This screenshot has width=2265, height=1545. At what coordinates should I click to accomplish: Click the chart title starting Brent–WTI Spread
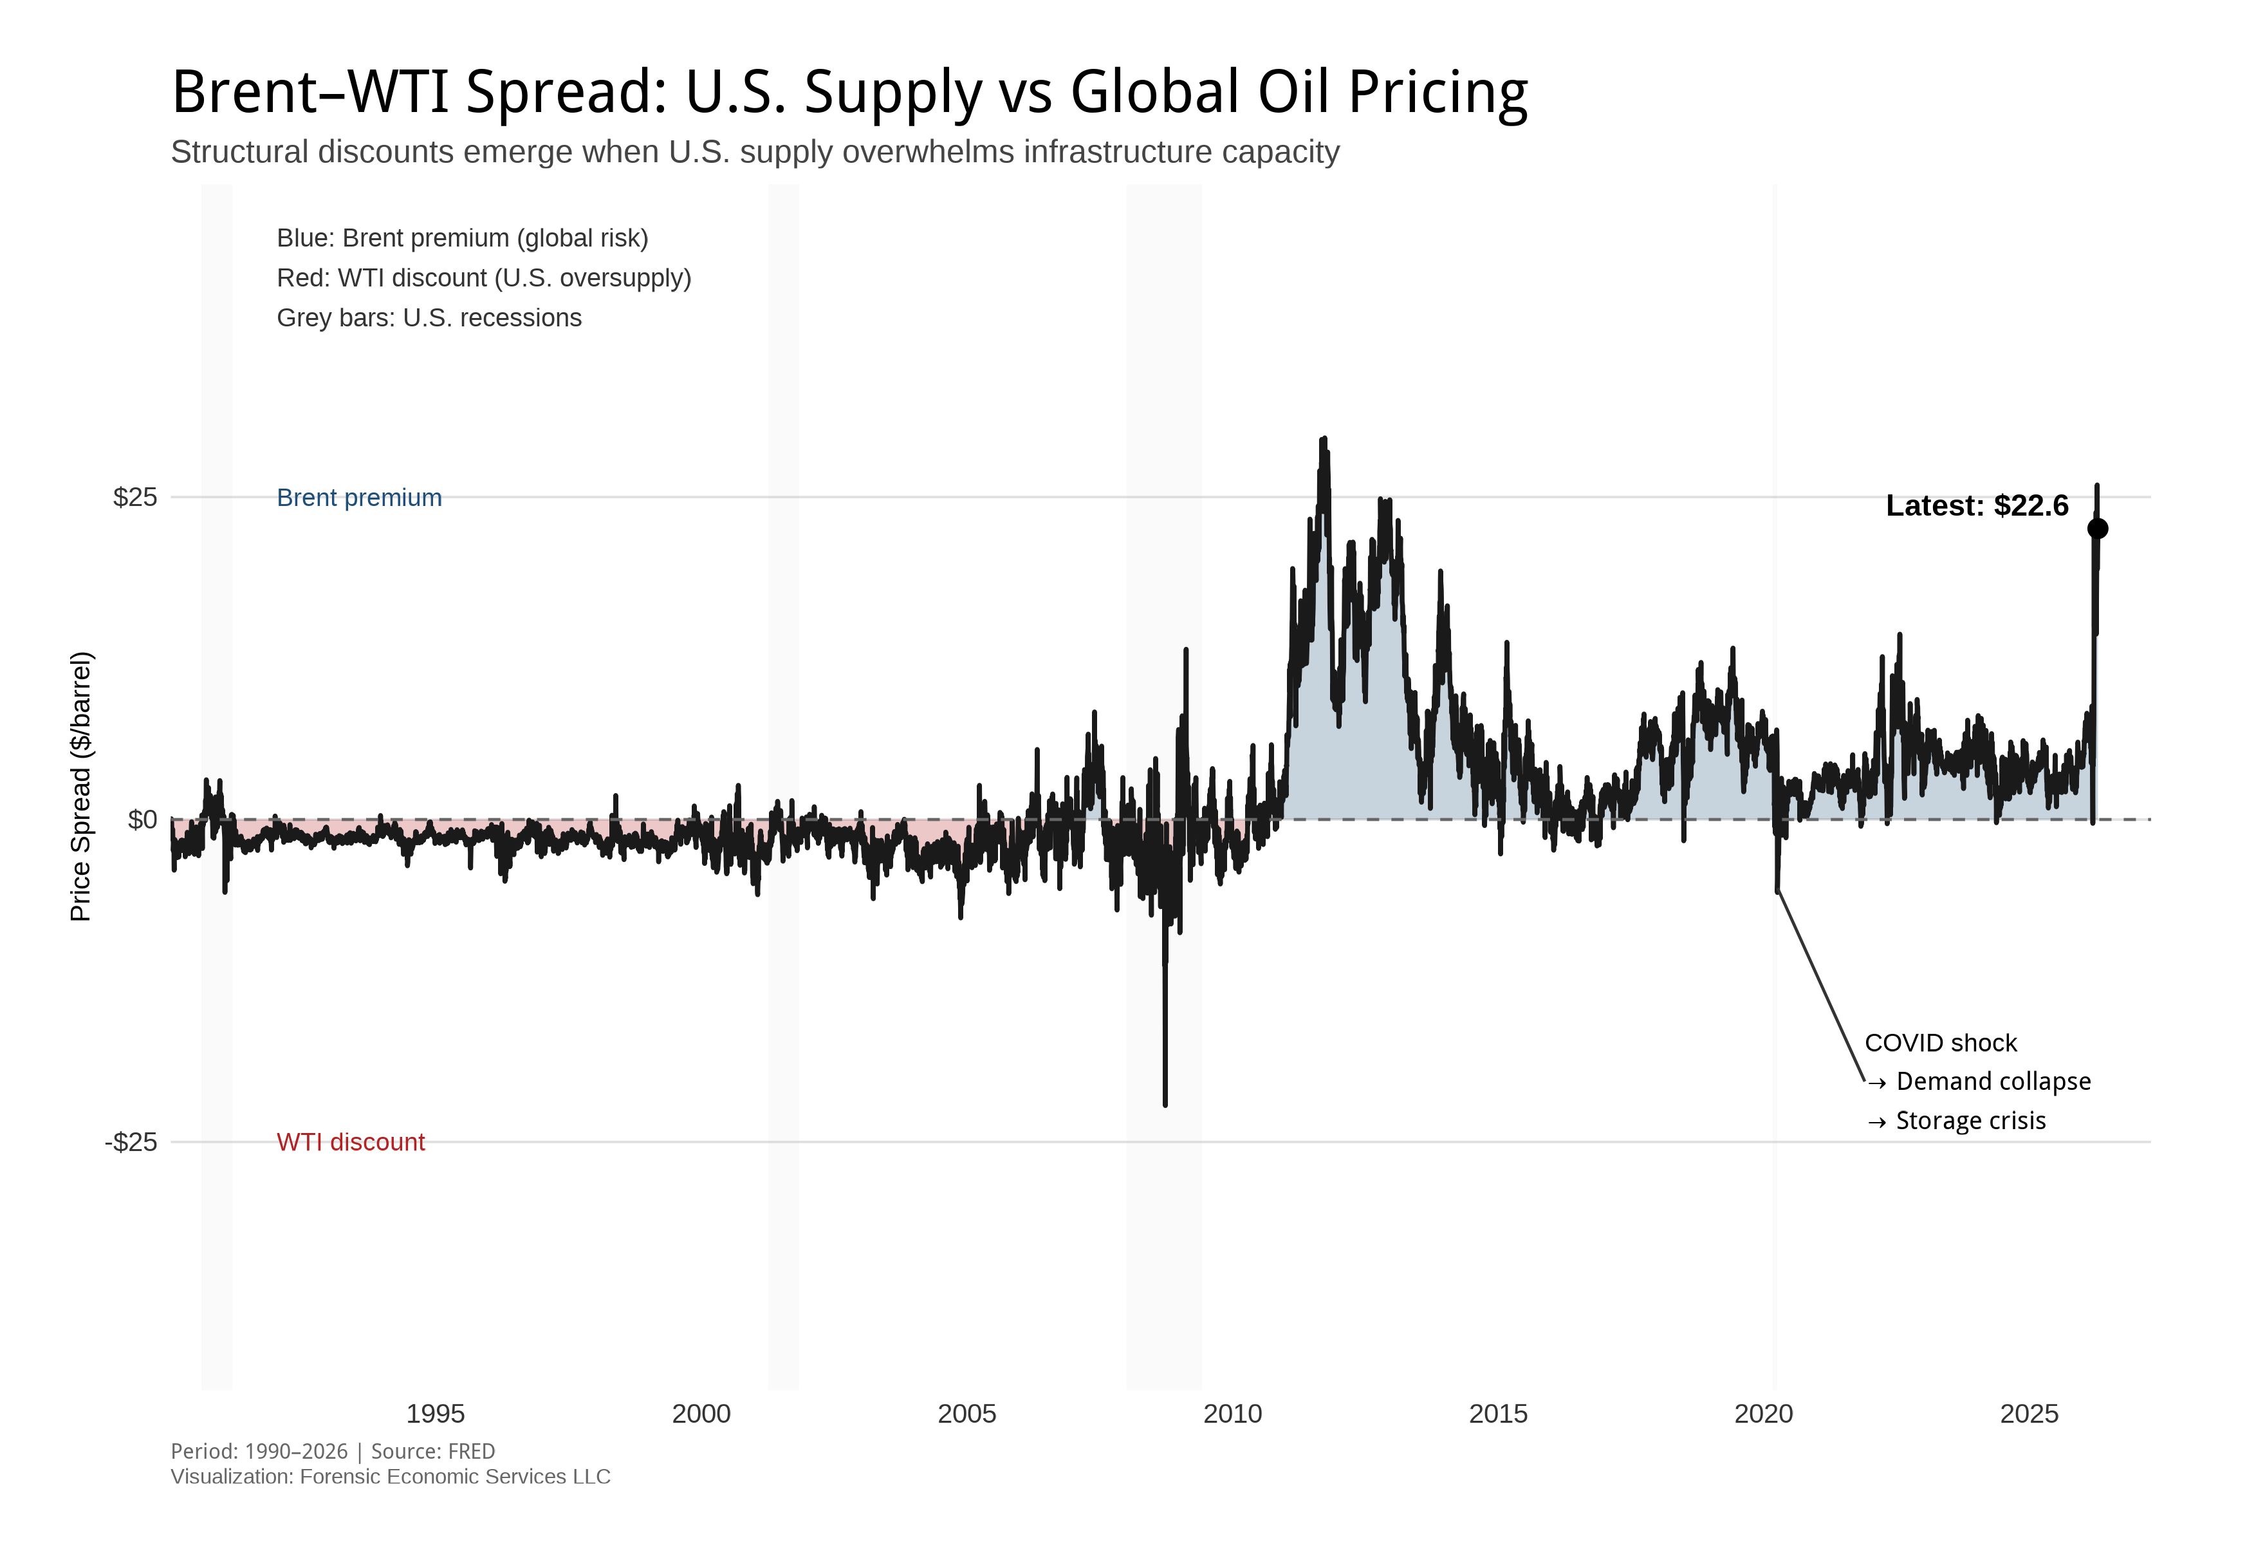(x=848, y=93)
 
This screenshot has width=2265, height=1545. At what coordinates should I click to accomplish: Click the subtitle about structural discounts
(x=754, y=152)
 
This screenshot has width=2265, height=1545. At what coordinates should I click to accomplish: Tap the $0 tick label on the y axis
(x=142, y=819)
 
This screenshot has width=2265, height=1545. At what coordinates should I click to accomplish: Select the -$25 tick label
(x=131, y=1141)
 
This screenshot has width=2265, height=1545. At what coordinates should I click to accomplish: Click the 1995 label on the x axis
(x=435, y=1414)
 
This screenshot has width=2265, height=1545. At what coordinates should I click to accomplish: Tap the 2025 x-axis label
(x=2028, y=1414)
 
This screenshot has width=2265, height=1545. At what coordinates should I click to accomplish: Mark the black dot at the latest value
(x=2097, y=529)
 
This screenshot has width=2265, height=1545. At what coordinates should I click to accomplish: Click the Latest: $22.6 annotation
(x=1977, y=506)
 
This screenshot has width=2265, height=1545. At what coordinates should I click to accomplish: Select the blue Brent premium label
(x=358, y=498)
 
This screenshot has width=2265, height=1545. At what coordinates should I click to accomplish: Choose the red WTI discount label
(x=350, y=1143)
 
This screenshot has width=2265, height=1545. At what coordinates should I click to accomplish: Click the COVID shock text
(x=1939, y=1043)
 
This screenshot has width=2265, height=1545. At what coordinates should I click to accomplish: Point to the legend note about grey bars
(x=429, y=319)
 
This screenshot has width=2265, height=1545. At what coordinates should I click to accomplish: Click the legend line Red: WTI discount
(x=483, y=279)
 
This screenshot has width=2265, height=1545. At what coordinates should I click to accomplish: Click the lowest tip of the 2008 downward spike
(x=1165, y=1105)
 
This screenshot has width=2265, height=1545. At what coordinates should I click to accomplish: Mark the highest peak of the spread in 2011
(x=1322, y=440)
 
